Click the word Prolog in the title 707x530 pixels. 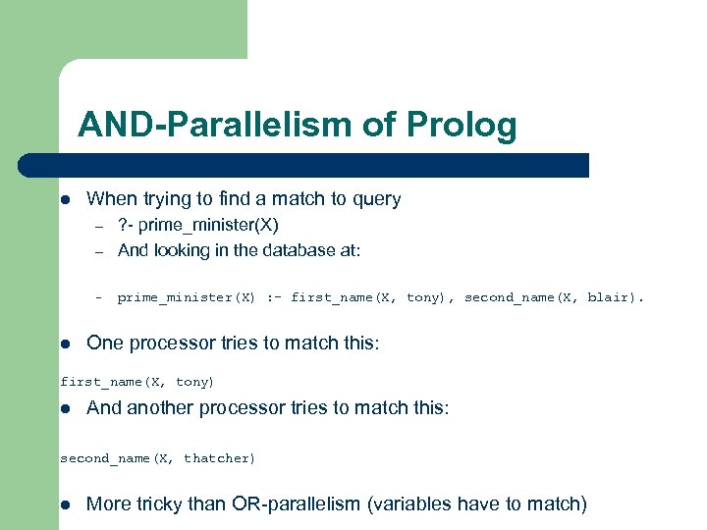click(x=465, y=126)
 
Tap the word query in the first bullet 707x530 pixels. click(x=376, y=199)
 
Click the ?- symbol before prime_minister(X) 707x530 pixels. click(x=126, y=225)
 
